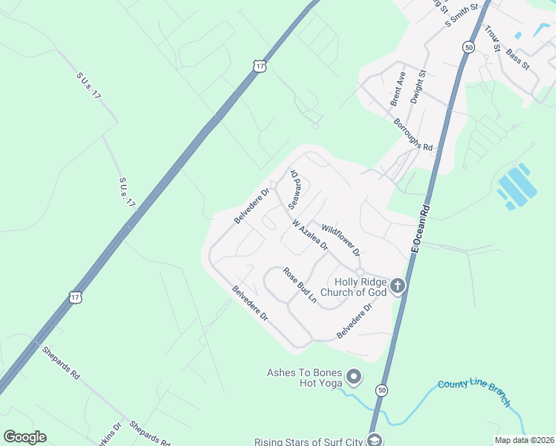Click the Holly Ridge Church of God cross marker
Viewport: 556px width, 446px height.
pos(398,286)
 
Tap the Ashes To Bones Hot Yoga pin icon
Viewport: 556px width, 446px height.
pos(354,378)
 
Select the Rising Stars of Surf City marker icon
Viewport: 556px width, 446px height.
pos(375,440)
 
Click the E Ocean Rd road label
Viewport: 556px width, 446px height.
pos(421,231)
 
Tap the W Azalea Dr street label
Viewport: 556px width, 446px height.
pos(311,235)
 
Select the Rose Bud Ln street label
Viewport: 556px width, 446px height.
pos(300,285)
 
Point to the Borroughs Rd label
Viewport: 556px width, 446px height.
pos(413,135)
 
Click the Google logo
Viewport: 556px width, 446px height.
pos(25,437)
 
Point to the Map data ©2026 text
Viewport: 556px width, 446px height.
pos(523,440)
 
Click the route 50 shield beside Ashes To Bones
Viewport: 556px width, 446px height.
pos(382,389)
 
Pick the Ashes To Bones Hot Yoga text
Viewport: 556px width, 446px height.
pos(305,378)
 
